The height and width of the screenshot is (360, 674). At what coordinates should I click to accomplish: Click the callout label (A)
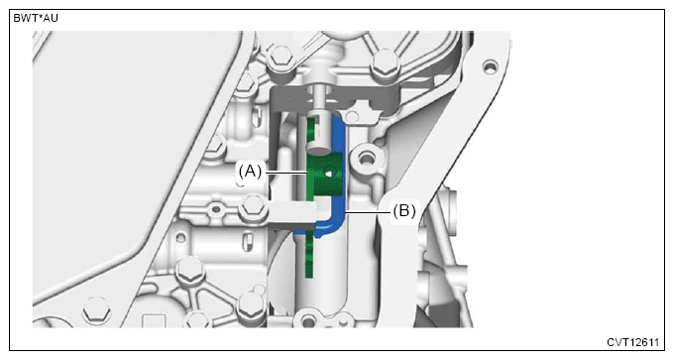click(250, 172)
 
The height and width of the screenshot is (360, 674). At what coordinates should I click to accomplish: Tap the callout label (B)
click(404, 211)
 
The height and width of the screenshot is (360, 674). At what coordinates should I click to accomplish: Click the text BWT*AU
click(36, 19)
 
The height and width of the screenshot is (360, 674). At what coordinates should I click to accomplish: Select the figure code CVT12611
click(632, 342)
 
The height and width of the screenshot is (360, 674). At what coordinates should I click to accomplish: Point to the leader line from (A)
click(285, 174)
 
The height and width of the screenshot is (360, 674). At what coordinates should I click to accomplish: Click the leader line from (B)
click(368, 211)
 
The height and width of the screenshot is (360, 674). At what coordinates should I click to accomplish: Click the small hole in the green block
click(330, 174)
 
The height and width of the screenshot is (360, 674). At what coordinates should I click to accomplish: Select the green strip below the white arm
click(308, 255)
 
